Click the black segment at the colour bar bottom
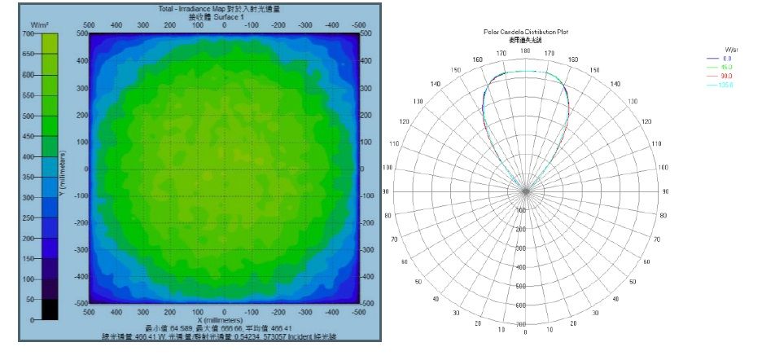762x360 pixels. (48, 310)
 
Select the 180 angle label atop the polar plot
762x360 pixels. (526, 50)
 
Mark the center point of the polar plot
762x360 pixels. (526, 191)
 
